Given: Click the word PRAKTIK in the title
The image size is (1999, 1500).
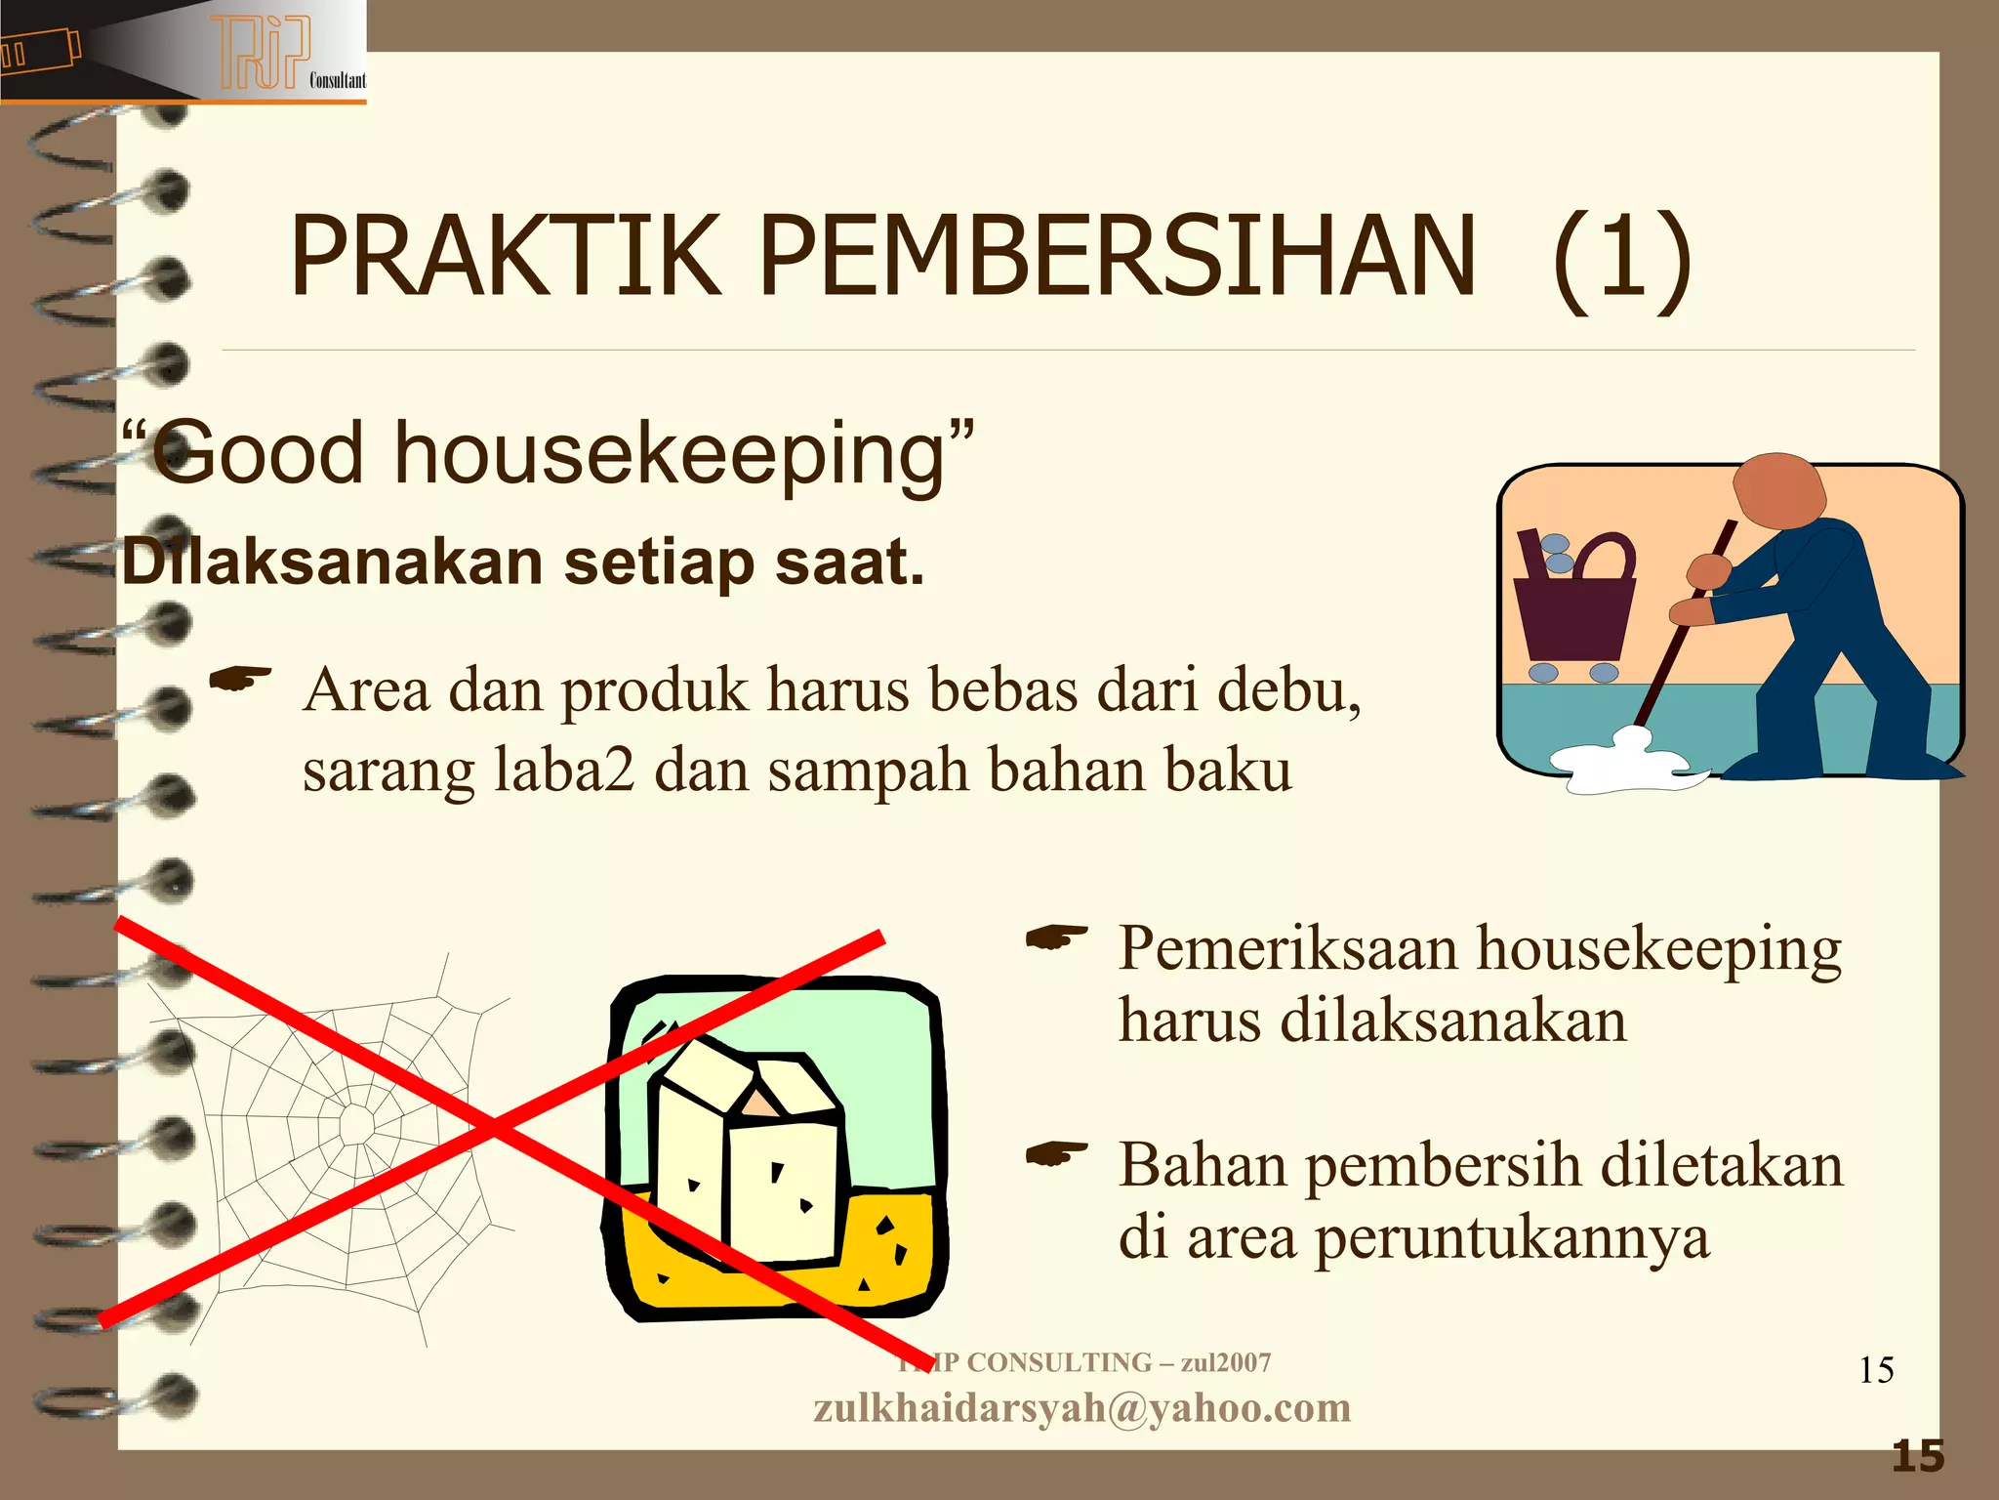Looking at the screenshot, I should click(505, 256).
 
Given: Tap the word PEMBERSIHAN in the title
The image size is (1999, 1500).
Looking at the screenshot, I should click(1117, 256).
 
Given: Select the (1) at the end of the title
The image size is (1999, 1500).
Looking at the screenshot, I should click(1621, 259).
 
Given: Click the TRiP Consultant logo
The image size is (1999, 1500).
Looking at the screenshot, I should click(264, 54).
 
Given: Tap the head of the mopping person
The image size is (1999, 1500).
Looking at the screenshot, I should click(1778, 492).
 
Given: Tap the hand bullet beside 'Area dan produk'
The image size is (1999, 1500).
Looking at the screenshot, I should click(240, 679).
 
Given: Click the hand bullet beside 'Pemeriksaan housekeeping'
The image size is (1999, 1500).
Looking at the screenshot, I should click(1056, 937).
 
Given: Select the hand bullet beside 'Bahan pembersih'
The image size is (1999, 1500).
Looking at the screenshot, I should click(1056, 1155).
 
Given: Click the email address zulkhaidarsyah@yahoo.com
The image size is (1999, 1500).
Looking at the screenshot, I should click(1081, 1407).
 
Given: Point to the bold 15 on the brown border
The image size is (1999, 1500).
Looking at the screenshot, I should click(1918, 1456).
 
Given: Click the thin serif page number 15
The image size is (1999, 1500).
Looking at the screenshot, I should click(1876, 1370).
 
